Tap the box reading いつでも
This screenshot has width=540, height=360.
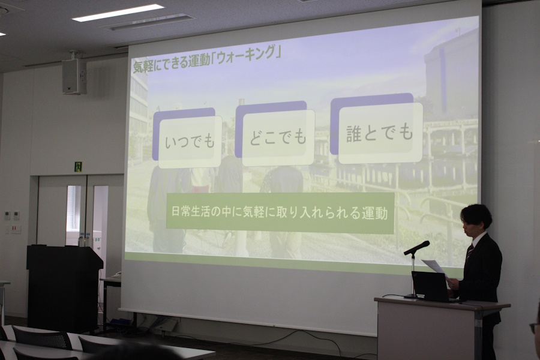pyautogui.click(x=190, y=142)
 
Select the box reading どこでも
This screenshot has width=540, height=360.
pyautogui.click(x=278, y=137)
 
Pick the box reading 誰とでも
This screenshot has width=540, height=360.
pyautogui.click(x=380, y=133)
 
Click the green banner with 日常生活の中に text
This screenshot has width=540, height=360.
pyautogui.click(x=280, y=213)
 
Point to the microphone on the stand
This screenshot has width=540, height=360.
pyautogui.click(x=417, y=248)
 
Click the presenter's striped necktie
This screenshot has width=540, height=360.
pyautogui.click(x=469, y=253)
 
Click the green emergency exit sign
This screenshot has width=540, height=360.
pyautogui.click(x=79, y=167)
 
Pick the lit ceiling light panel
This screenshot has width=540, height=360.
pyautogui.click(x=118, y=13)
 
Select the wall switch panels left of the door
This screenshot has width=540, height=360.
pyautogui.click(x=12, y=221)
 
